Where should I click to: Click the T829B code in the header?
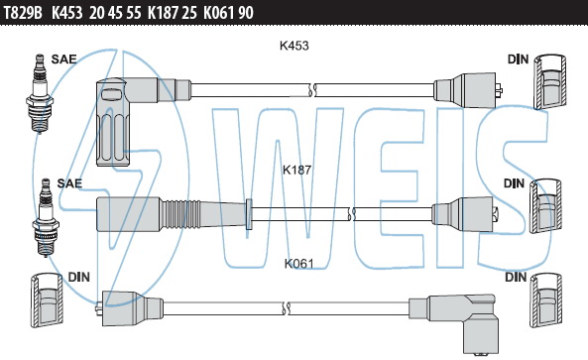[23, 13]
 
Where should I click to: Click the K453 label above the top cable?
[294, 46]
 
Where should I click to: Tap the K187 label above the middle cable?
[297, 170]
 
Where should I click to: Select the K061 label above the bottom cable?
[298, 264]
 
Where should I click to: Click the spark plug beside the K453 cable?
[40, 93]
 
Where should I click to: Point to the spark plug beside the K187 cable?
[46, 217]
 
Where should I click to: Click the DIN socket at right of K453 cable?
[549, 81]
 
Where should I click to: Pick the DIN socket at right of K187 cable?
[546, 206]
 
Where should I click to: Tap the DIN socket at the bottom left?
[47, 300]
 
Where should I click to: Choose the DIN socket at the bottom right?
[546, 300]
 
